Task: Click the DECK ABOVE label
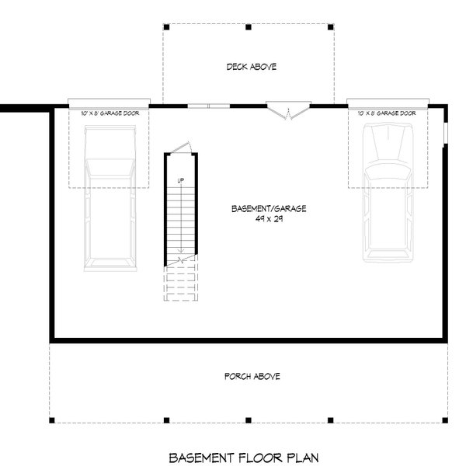pyautogui.click(x=251, y=67)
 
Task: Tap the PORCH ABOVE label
pyautogui.click(x=252, y=376)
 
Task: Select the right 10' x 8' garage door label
pyautogui.click(x=387, y=113)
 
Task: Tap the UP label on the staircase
pyautogui.click(x=180, y=181)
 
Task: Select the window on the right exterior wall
pyautogui.click(x=446, y=132)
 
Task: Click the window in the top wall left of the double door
pyautogui.click(x=208, y=105)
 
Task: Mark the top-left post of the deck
pyautogui.click(x=163, y=27)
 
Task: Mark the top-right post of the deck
pyautogui.click(x=332, y=27)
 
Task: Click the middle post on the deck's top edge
pyautogui.click(x=248, y=27)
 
